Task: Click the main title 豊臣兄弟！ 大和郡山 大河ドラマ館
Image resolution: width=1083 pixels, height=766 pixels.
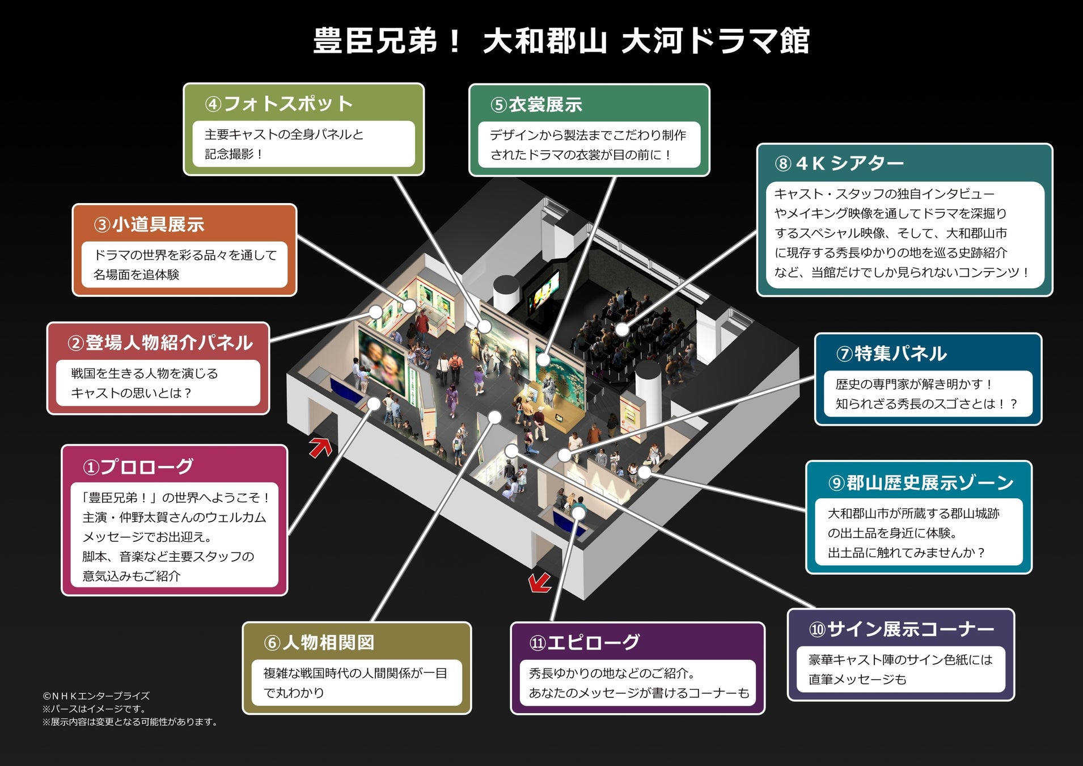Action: pyautogui.click(x=561, y=41)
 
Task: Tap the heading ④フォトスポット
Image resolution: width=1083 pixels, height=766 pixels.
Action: pyautogui.click(x=279, y=104)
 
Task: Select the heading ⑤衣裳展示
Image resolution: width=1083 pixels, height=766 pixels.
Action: pyautogui.click(x=536, y=105)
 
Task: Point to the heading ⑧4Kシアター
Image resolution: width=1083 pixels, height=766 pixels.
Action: pyautogui.click(x=839, y=163)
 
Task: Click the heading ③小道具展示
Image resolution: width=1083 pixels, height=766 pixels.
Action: pyautogui.click(x=149, y=225)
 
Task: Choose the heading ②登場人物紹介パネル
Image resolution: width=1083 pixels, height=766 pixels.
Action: pyautogui.click(x=160, y=343)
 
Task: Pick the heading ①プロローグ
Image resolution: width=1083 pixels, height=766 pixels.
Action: pyautogui.click(x=138, y=467)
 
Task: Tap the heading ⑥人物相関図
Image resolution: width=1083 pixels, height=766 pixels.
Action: pyautogui.click(x=319, y=643)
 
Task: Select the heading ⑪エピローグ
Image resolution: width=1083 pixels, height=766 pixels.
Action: pyautogui.click(x=585, y=642)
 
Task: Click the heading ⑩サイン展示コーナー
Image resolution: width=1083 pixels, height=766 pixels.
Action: pyautogui.click(x=902, y=629)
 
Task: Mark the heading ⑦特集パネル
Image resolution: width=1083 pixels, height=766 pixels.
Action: pyautogui.click(x=891, y=353)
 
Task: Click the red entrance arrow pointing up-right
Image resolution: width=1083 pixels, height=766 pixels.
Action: pyautogui.click(x=321, y=447)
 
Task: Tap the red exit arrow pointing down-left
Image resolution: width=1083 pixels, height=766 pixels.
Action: pyautogui.click(x=539, y=582)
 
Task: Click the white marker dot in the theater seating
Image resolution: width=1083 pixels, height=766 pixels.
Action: pyautogui.click(x=622, y=329)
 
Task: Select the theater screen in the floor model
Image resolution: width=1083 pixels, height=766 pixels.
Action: pyautogui.click(x=544, y=289)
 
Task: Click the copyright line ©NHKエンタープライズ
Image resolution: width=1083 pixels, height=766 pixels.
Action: pyautogui.click(x=96, y=696)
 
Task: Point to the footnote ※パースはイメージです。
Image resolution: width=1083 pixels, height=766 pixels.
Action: pyautogui.click(x=94, y=709)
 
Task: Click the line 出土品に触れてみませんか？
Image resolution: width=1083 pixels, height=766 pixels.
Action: pyautogui.click(x=906, y=553)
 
